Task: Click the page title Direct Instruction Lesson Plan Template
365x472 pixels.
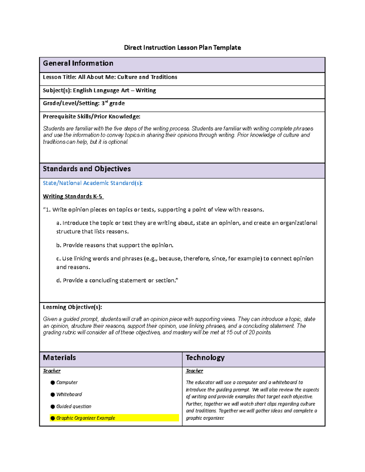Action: pos(182,48)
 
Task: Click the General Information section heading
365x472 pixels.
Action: pos(78,63)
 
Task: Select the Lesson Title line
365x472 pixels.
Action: pos(110,77)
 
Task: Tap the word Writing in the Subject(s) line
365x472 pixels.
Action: pos(146,91)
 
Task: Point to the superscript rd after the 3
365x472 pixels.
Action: pos(106,102)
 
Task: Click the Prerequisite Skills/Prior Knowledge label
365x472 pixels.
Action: pos(92,117)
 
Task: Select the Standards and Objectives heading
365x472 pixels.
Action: pos(87,169)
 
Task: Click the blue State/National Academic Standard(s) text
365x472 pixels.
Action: pos(92,183)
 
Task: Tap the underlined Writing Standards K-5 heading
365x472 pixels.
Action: pos(73,196)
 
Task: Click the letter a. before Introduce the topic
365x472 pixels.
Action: pos(58,223)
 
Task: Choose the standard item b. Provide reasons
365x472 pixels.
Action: pos(115,245)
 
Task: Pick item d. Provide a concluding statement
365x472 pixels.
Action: pos(117,281)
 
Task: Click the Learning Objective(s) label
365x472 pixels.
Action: pos(72,307)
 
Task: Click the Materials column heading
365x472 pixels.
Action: pos(59,358)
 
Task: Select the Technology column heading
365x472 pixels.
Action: pos(205,358)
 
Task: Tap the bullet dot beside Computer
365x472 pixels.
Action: pos(53,383)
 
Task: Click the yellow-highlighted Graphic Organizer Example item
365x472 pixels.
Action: pos(85,418)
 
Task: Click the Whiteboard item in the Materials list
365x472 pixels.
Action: pos(69,394)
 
